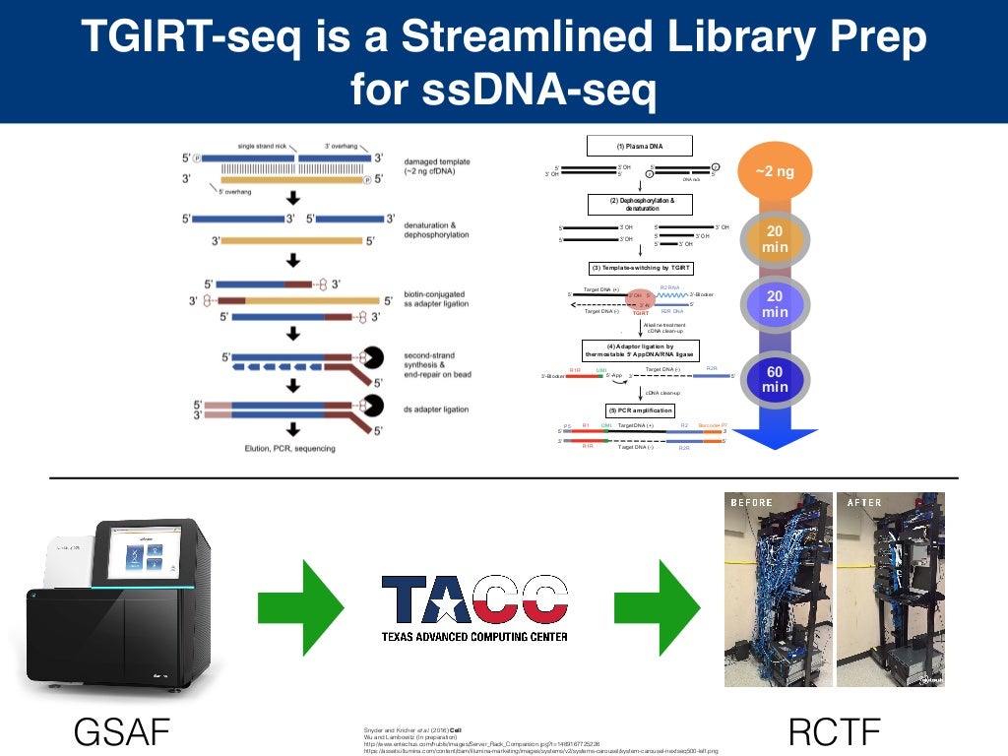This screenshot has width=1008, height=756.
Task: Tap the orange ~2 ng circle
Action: (x=775, y=172)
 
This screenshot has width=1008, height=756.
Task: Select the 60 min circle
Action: (x=775, y=379)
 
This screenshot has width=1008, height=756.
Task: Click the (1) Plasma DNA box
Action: (x=640, y=146)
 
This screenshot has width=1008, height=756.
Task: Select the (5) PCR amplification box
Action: (x=640, y=409)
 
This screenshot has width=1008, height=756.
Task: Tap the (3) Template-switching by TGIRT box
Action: (x=641, y=268)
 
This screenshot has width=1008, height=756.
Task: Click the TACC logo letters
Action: (x=474, y=599)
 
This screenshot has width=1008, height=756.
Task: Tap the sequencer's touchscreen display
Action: (x=139, y=559)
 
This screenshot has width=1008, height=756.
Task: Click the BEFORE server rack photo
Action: (x=775, y=589)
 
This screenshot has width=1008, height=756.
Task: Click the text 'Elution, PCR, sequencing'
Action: (x=291, y=449)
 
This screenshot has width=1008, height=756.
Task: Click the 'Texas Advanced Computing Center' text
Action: (x=474, y=637)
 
